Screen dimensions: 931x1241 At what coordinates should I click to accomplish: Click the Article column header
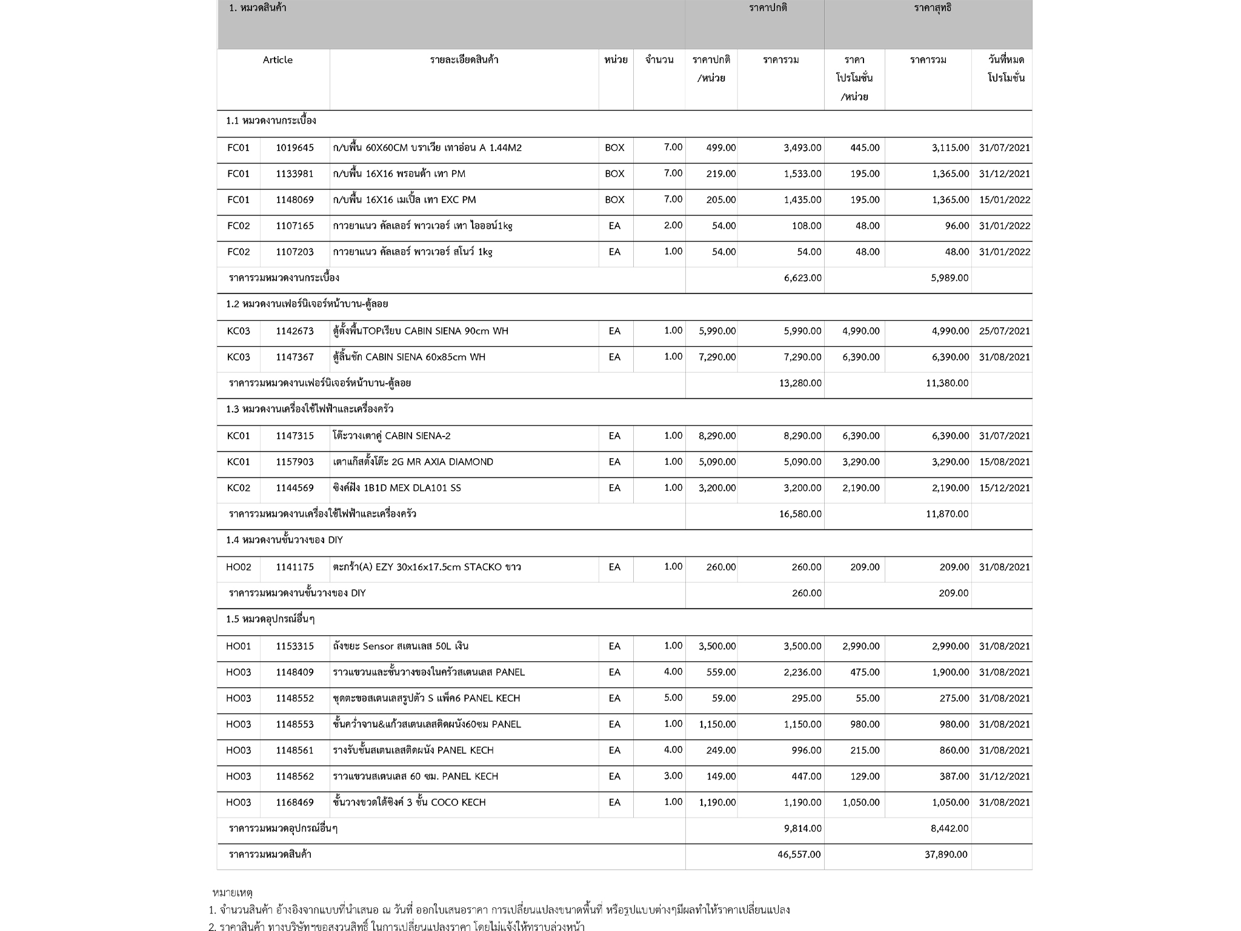point(278,60)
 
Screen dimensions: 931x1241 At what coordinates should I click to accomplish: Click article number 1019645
point(294,148)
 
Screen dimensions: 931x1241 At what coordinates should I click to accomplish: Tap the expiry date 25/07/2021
point(1004,331)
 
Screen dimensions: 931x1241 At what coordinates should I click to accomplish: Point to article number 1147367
point(294,357)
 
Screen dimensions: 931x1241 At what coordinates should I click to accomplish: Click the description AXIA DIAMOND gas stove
point(413,462)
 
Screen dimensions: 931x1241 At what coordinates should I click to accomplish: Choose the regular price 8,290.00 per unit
point(717,436)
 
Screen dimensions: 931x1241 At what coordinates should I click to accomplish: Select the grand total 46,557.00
point(799,855)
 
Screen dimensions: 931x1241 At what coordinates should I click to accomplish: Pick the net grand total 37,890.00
point(946,855)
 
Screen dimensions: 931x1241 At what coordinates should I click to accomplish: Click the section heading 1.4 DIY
point(284,540)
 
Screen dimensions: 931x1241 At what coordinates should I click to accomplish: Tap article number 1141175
point(294,567)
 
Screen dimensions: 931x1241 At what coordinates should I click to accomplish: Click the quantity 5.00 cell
point(673,698)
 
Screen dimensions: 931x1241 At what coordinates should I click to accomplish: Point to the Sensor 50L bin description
point(401,646)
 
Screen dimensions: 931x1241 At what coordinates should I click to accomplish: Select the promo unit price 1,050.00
point(860,803)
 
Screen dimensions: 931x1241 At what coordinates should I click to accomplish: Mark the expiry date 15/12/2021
point(1004,488)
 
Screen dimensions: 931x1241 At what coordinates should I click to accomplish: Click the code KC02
point(238,488)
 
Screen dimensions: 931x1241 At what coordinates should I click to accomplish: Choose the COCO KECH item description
point(409,803)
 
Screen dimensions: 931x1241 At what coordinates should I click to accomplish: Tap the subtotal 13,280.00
point(800,383)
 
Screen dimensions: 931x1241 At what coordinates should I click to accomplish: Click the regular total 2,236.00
point(802,672)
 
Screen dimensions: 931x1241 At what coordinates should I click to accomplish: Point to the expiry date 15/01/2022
point(1004,200)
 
